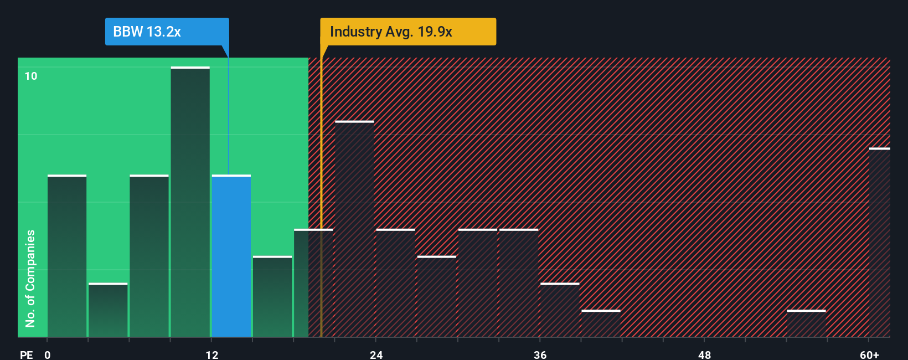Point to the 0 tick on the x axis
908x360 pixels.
48,354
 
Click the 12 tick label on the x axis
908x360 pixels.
211,354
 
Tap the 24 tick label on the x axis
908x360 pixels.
376,354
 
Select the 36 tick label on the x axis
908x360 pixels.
540,354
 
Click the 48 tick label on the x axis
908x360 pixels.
704,354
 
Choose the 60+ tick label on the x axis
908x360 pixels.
869,354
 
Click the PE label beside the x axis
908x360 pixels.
26,354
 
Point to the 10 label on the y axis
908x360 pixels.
31,76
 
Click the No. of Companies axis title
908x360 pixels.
30,278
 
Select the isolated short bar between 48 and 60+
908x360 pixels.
806,323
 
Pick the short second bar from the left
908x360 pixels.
108,310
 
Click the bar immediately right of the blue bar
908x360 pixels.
272,296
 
